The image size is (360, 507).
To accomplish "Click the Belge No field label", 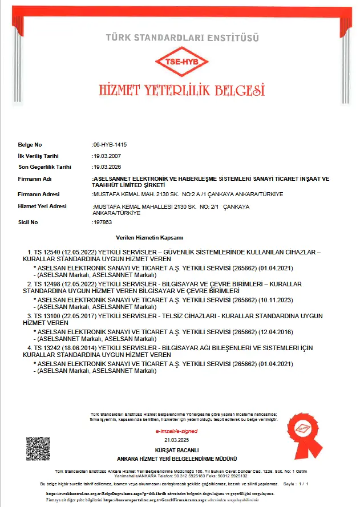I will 30,145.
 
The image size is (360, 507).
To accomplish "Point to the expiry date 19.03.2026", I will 107,167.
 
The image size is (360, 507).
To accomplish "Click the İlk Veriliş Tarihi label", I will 38,156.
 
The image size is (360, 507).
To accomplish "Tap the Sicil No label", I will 29,222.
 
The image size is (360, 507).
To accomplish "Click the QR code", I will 38,449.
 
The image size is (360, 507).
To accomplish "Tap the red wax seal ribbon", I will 306,433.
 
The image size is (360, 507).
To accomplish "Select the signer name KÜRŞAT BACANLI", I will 180,451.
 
